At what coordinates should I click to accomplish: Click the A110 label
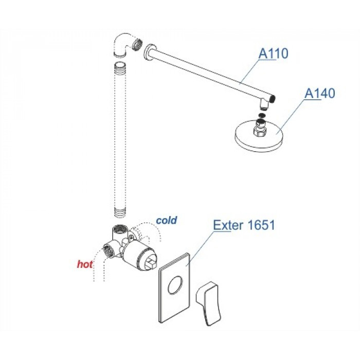pos(273,53)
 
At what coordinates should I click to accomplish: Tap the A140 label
pos(319,93)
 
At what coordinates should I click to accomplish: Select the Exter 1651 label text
pos(244,225)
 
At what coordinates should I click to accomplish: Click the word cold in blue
pos(167,221)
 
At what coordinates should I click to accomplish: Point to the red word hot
pos(85,264)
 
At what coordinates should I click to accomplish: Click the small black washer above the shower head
pos(262,115)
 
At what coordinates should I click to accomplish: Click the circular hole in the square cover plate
pos(175,285)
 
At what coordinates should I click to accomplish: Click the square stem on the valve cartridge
pos(152,263)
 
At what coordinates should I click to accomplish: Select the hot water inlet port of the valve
pos(107,249)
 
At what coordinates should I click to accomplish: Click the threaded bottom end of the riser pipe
pos(120,212)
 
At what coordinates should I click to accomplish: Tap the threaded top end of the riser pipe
pos(120,66)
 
